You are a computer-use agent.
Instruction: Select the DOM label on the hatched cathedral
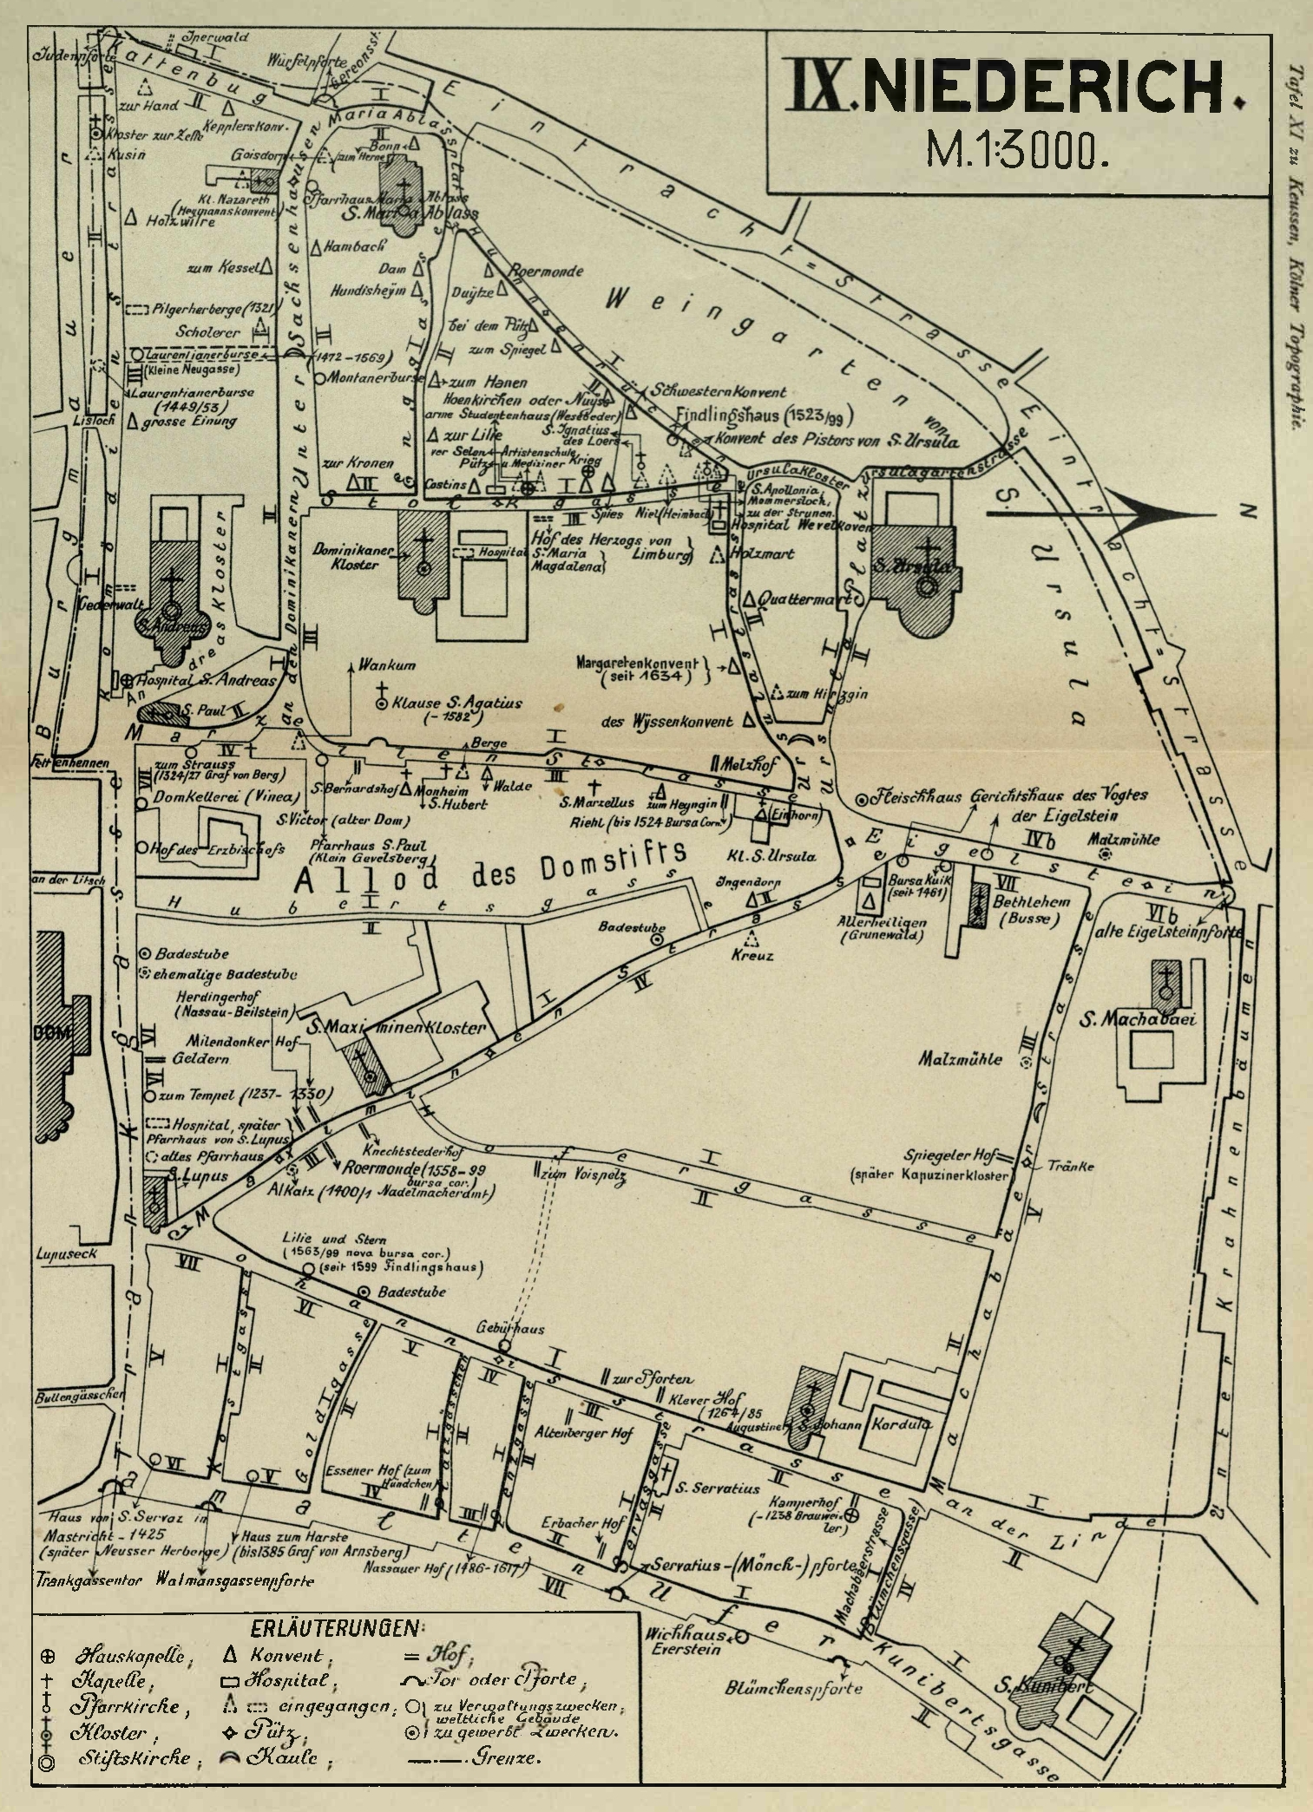49,1032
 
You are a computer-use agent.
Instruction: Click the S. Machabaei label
1138,1019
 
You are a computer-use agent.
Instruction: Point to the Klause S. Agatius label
456,703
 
